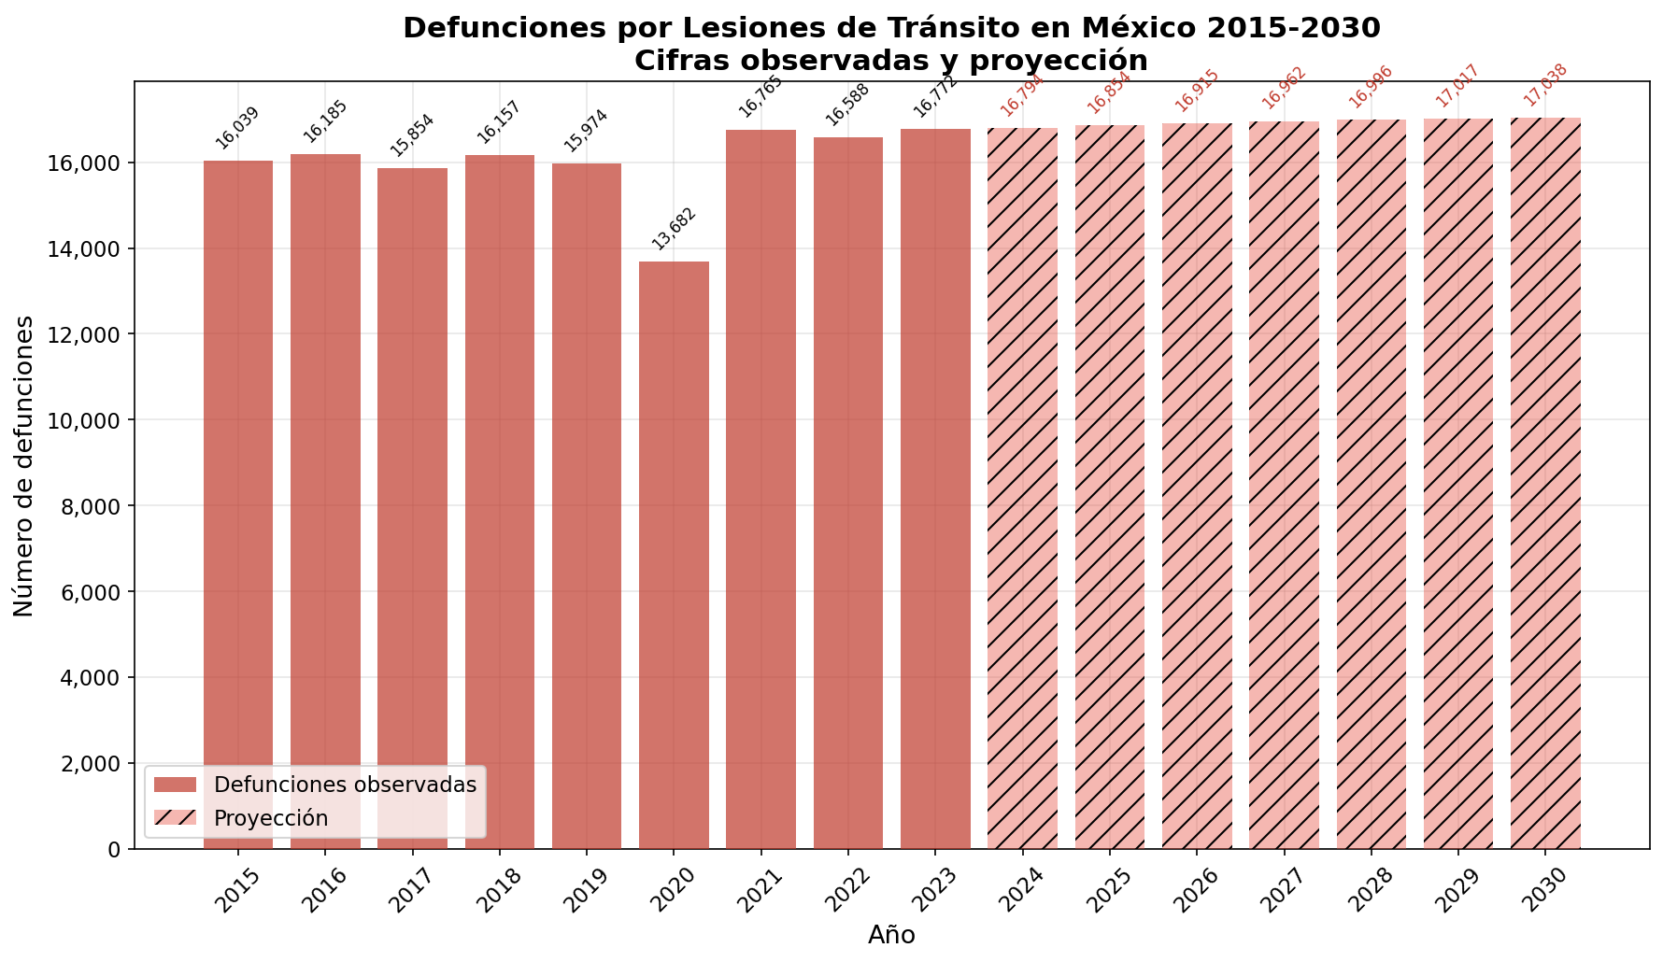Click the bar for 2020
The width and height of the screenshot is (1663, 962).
(x=674, y=555)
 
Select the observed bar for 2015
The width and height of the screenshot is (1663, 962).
(x=238, y=504)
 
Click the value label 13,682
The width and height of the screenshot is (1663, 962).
(x=674, y=229)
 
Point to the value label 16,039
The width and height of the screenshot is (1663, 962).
(x=237, y=128)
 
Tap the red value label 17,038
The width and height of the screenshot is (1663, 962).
(x=1545, y=85)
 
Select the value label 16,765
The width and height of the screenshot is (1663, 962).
(x=760, y=96)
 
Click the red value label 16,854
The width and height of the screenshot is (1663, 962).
(x=1109, y=92)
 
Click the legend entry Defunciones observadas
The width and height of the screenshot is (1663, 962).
(x=345, y=785)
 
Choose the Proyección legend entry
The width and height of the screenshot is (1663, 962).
(x=271, y=818)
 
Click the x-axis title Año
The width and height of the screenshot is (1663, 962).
(x=891, y=935)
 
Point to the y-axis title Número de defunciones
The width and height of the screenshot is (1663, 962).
(x=25, y=465)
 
